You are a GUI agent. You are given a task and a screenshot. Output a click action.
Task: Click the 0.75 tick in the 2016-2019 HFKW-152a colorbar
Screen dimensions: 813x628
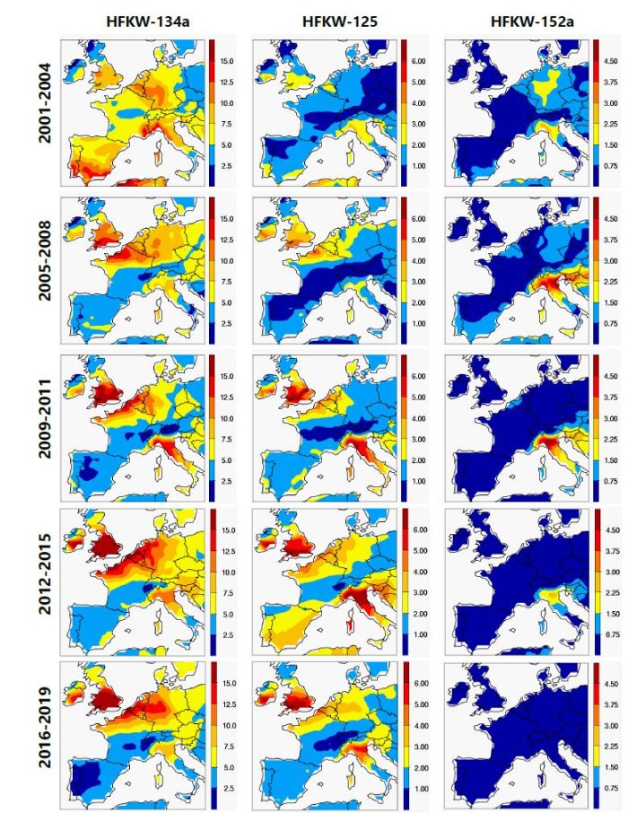[613, 790]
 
